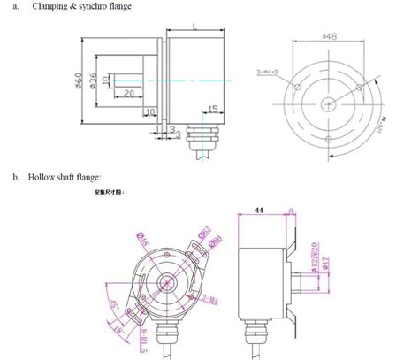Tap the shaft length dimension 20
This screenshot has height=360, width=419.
(x=128, y=93)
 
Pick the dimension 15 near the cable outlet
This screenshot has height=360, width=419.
(x=212, y=109)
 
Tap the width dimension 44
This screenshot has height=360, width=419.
(x=259, y=210)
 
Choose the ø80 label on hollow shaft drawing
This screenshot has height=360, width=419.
(x=216, y=240)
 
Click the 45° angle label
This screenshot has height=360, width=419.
(x=112, y=307)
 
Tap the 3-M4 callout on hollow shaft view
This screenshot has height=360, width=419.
(x=212, y=301)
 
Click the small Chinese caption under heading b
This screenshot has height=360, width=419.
(x=110, y=191)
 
